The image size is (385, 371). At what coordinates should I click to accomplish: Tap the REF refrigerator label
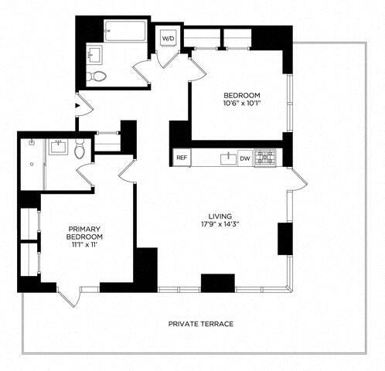pyautogui.click(x=181, y=158)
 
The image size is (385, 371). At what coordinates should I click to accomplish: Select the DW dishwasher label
pyautogui.click(x=244, y=158)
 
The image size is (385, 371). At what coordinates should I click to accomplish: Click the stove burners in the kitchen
pyautogui.click(x=266, y=158)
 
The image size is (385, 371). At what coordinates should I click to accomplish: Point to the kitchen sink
pyautogui.click(x=227, y=158)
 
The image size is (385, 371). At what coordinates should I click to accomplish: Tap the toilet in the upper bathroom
pyautogui.click(x=97, y=76)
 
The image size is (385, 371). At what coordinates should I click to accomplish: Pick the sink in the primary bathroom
pyautogui.click(x=59, y=146)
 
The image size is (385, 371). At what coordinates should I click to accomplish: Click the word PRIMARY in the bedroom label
pyautogui.click(x=85, y=229)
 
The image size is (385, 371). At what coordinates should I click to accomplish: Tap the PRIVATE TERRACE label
pyautogui.click(x=200, y=324)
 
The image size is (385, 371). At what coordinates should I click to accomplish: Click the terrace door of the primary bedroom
pyautogui.click(x=68, y=297)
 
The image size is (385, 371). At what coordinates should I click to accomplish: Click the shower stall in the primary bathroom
pyautogui.click(x=32, y=162)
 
